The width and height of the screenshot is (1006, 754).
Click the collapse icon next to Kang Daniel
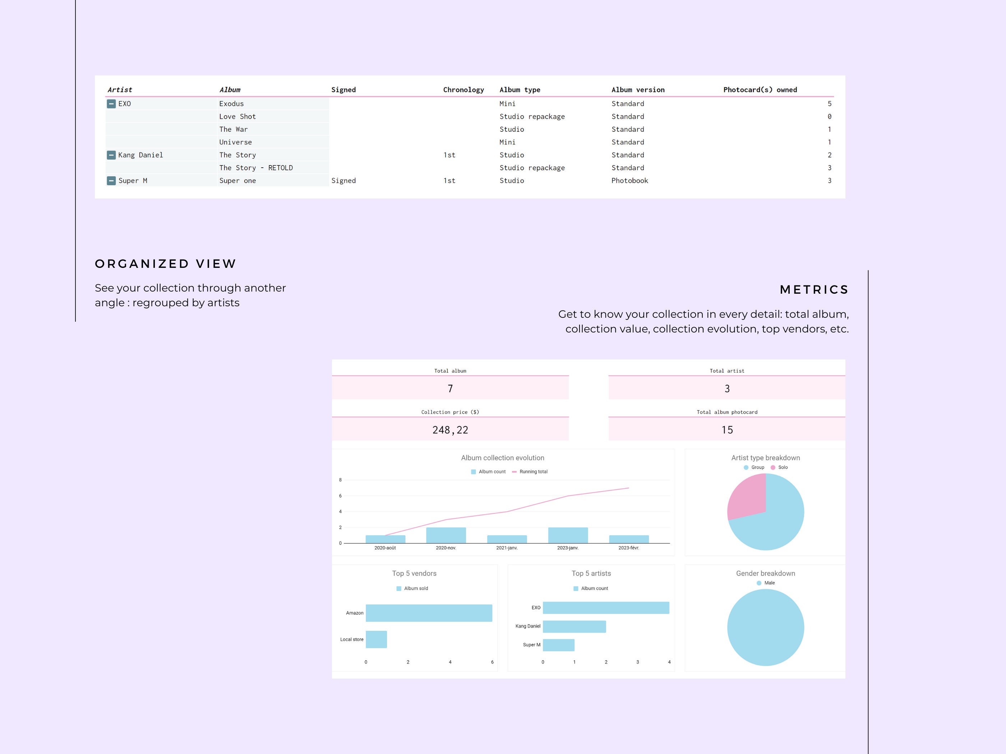[x=111, y=155]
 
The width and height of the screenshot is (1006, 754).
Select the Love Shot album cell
[x=237, y=116]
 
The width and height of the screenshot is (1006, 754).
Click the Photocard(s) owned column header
[x=760, y=89]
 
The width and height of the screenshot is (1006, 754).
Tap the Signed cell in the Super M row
[x=343, y=181]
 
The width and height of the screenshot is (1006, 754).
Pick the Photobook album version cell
[x=629, y=181]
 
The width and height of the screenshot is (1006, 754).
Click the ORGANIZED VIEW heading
[x=166, y=264]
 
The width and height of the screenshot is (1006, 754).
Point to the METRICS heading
[x=814, y=289]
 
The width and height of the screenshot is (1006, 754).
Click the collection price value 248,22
[x=450, y=430]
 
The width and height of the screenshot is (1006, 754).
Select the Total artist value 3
[x=727, y=388]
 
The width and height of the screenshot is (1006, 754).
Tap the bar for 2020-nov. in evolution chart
[x=446, y=535]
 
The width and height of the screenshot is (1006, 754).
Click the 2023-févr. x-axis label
[x=628, y=548]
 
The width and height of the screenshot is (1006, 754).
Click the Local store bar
[x=376, y=639]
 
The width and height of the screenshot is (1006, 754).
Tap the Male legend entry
[x=769, y=583]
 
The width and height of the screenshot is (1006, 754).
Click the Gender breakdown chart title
[x=765, y=573]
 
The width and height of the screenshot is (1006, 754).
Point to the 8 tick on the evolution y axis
[x=340, y=480]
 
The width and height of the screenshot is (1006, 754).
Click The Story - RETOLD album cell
[x=255, y=168]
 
